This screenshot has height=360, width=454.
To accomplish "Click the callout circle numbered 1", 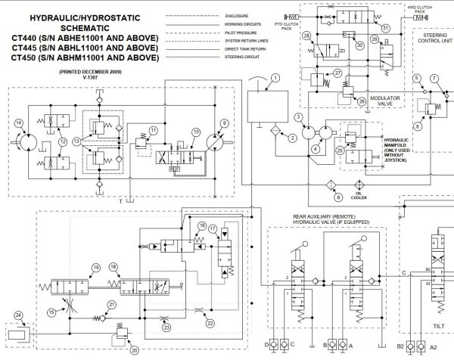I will point(275,78).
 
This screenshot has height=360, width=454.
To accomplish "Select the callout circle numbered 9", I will point(224,123).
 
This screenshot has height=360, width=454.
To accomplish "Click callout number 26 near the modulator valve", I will point(361,101).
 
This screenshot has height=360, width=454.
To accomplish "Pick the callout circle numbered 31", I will point(386,28).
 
